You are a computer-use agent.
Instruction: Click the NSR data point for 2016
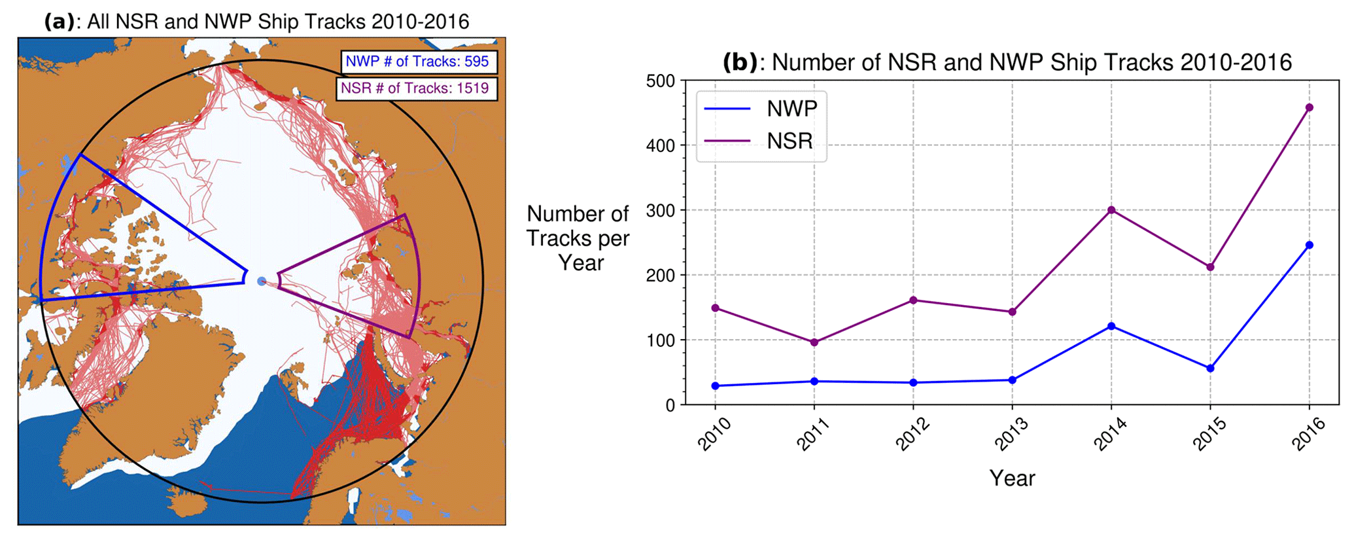point(1309,108)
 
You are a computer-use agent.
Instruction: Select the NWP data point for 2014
point(1111,326)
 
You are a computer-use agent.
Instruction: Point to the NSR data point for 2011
point(814,342)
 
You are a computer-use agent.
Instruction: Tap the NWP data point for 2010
point(715,386)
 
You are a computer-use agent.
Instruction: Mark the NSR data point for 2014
point(1111,210)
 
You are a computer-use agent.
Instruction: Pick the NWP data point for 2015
point(1210,369)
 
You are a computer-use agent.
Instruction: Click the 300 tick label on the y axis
point(660,211)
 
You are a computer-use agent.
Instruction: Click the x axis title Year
point(1012,478)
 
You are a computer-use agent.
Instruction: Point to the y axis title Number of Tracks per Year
point(578,238)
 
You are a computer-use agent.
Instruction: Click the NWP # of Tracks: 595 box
point(419,62)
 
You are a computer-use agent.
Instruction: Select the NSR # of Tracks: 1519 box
point(416,88)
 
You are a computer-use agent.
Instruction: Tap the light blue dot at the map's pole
point(262,281)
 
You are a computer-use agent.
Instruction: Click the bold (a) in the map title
point(60,22)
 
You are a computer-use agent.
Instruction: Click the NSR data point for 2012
point(913,300)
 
